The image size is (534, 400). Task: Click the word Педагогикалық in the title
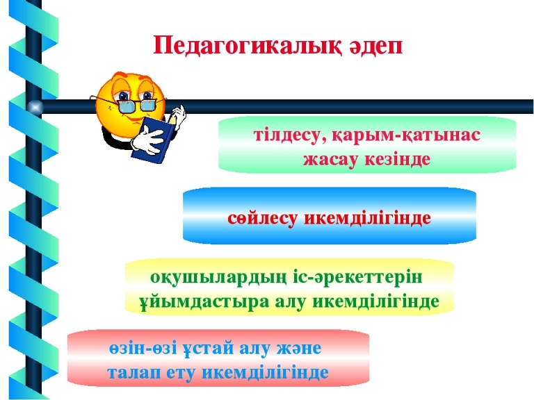pos(247,46)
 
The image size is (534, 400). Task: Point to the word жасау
pos(331,159)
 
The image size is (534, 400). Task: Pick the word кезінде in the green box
pos(398,158)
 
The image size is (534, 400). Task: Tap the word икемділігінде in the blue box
pos(367,217)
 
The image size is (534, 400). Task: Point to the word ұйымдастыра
pos(204,301)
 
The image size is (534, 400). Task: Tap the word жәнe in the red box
pos(299,349)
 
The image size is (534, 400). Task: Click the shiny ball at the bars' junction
pos(35,107)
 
